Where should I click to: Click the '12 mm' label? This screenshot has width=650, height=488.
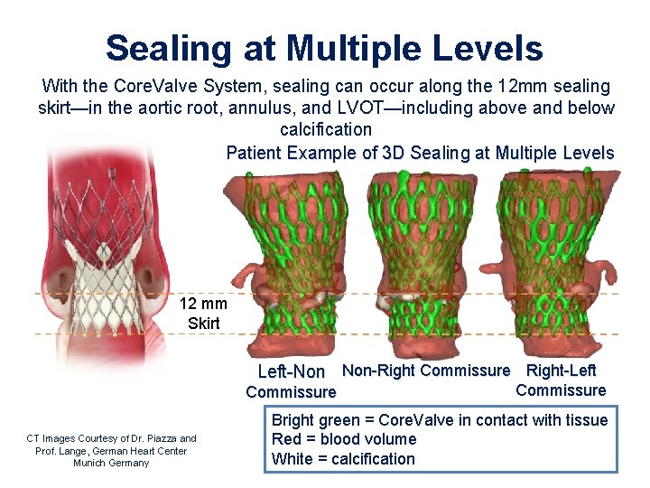coord(203,304)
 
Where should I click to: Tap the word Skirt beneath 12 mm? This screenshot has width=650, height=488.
coord(203,323)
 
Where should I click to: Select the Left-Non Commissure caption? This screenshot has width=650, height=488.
coord(291,381)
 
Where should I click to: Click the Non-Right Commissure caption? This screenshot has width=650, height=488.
coord(426,371)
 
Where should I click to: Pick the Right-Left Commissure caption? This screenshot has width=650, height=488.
coord(561,380)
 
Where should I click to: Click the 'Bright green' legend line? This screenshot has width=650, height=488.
coord(440,420)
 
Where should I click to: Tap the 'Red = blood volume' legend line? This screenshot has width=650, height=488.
coord(344,439)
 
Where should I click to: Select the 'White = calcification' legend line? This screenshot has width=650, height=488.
coord(343,458)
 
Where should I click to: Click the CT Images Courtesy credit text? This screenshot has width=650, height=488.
coord(111,439)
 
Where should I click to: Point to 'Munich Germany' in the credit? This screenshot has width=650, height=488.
coord(111,463)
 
